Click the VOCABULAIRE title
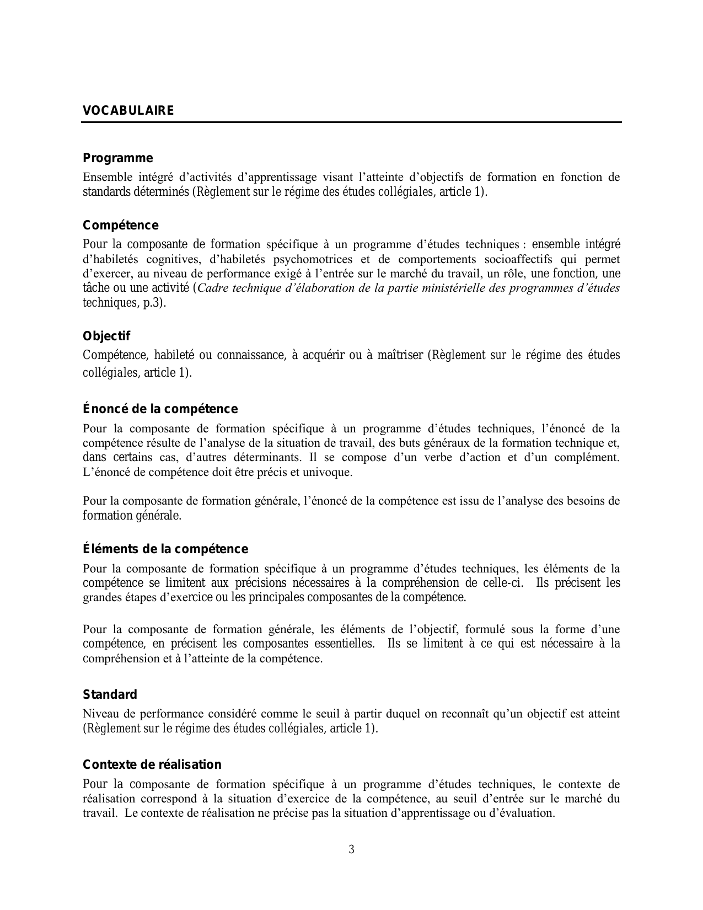pyautogui.click(x=128, y=111)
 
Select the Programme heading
pyautogui.click(x=117, y=158)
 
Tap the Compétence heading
pyautogui.click(x=120, y=226)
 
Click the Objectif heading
pyautogui.click(x=106, y=336)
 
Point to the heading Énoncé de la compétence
pyautogui.click(x=160, y=409)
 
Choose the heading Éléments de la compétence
pyautogui.click(x=165, y=549)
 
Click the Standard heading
pyautogui.click(x=110, y=695)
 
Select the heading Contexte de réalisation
pyautogui.click(x=152, y=765)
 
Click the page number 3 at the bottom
pyautogui.click(x=351, y=849)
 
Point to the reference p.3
pyautogui.click(x=154, y=303)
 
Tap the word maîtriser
pyautogui.click(x=400, y=355)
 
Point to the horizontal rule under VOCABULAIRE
pyautogui.click(x=351, y=122)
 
